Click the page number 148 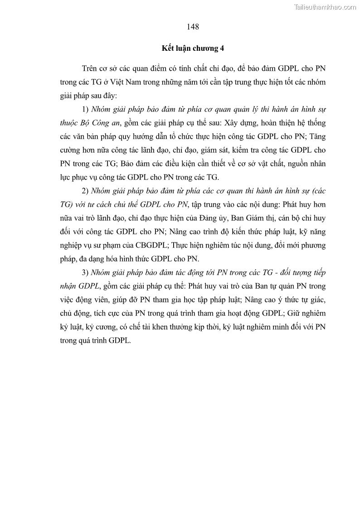pos(193,27)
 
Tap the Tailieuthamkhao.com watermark pos(326,7)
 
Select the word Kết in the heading pos(169,48)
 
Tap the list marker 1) pos(85,110)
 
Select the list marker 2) pos(85,191)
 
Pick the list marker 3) pos(85,272)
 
